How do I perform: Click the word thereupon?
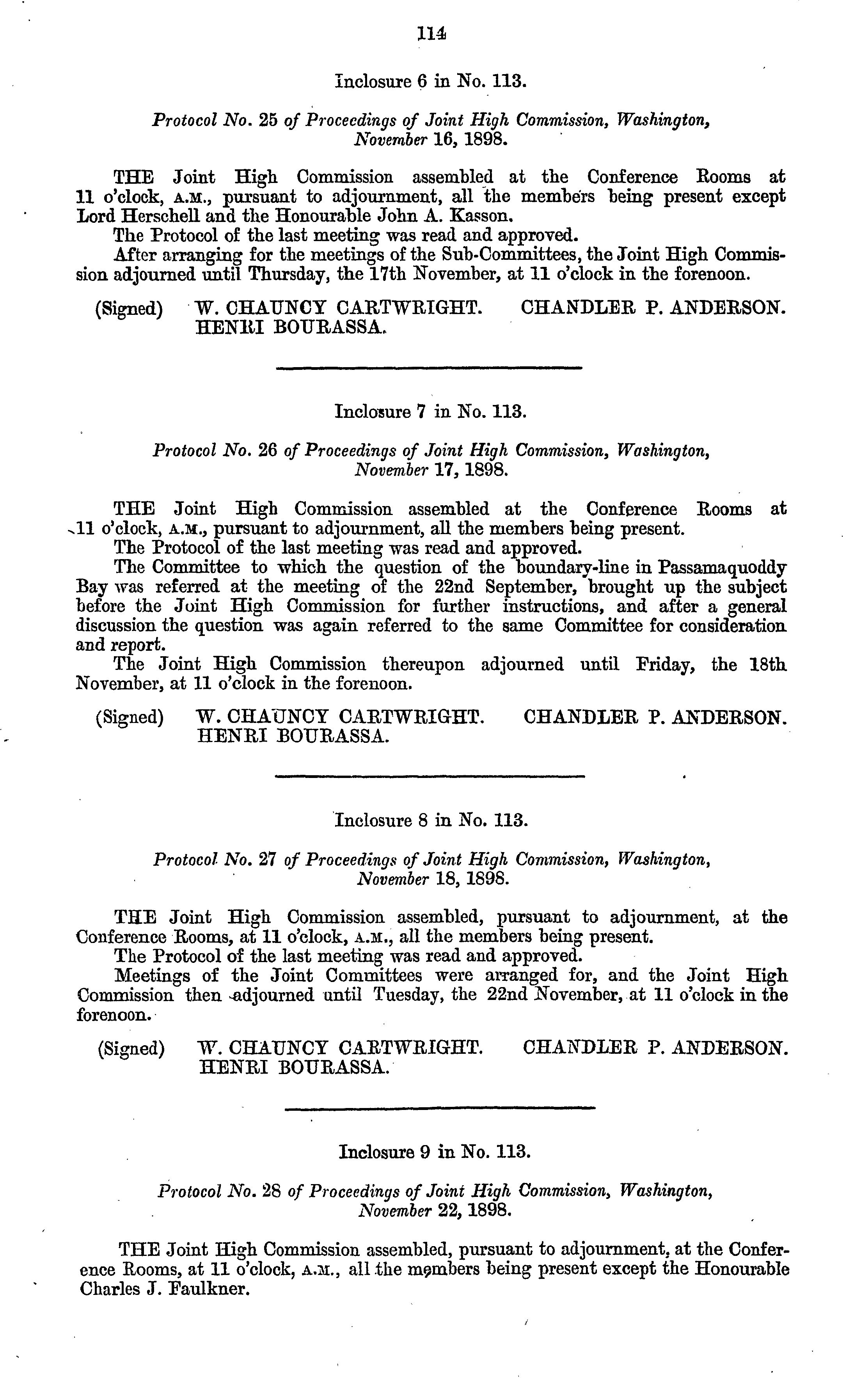pos(423,665)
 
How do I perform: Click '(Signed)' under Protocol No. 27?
pos(131,1048)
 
